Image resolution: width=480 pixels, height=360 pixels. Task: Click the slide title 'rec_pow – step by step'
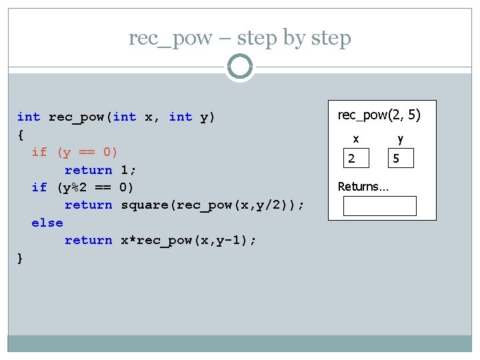(240, 38)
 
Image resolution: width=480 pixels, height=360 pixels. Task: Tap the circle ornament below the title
(240, 67)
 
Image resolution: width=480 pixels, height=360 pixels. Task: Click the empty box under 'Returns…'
(379, 206)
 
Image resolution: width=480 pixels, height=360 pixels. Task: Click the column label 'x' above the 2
(356, 139)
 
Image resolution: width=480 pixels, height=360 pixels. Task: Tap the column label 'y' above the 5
(400, 139)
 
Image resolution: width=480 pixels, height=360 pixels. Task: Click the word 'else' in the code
(47, 223)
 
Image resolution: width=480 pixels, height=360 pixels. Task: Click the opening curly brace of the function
(20, 135)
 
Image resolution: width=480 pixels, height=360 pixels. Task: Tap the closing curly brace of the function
(20, 258)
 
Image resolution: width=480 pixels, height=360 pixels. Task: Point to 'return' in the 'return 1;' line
(88, 170)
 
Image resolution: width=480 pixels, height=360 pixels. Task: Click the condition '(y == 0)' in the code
(87, 152)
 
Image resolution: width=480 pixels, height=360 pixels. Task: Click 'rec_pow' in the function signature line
(77, 117)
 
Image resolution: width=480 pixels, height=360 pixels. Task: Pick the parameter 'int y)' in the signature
(192, 117)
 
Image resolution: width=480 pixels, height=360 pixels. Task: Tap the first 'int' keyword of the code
(29, 117)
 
